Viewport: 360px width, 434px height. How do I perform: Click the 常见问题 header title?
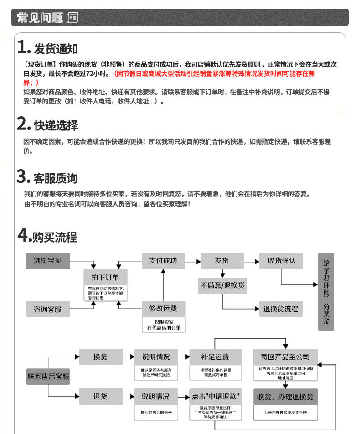[40, 18]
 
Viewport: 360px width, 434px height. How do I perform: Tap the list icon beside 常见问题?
[72, 18]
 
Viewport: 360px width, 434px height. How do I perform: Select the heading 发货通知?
[56, 48]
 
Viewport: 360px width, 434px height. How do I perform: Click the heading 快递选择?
[56, 125]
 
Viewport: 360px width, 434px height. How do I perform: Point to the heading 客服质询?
[55, 178]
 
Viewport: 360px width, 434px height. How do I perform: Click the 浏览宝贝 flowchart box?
[47, 261]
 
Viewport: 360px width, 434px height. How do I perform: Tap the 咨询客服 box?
[47, 309]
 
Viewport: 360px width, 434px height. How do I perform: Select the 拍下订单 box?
[105, 277]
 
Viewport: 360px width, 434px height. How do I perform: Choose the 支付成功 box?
[163, 261]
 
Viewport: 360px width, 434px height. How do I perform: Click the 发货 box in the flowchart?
[222, 261]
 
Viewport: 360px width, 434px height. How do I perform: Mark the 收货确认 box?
[281, 261]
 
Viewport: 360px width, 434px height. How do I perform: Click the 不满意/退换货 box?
[222, 285]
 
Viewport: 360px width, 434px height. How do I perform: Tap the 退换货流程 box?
[281, 309]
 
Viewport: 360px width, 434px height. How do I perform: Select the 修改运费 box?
[163, 309]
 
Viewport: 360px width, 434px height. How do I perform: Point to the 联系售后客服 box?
[48, 376]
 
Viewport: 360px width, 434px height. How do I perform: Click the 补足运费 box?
[215, 356]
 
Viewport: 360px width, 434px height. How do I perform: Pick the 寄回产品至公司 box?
[285, 356]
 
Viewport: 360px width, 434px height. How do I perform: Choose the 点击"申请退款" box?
[216, 396]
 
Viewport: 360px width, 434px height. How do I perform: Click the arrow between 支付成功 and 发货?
[193, 261]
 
